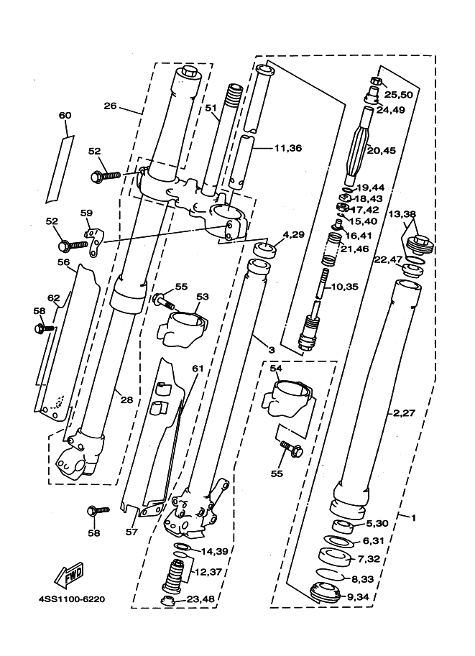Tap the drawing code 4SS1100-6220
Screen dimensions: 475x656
click(x=72, y=599)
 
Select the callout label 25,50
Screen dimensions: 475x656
click(x=398, y=95)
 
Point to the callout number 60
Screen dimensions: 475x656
click(x=65, y=115)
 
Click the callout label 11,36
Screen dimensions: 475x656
click(x=288, y=148)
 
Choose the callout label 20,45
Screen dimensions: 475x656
click(x=382, y=151)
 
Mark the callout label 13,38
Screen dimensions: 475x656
click(x=402, y=214)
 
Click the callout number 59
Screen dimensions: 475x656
click(x=86, y=213)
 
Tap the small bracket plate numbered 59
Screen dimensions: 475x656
click(x=93, y=243)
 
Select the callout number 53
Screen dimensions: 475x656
click(x=202, y=297)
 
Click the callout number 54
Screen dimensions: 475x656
click(x=276, y=368)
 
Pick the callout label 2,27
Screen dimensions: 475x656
click(x=404, y=413)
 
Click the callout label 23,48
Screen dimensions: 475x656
click(x=200, y=599)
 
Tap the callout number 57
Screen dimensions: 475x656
click(x=132, y=532)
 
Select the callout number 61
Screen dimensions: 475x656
click(x=198, y=368)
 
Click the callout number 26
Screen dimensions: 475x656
click(x=110, y=106)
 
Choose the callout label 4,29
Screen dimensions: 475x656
click(x=294, y=235)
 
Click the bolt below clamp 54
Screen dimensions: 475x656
click(x=292, y=448)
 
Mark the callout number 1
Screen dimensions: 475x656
click(x=413, y=518)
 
